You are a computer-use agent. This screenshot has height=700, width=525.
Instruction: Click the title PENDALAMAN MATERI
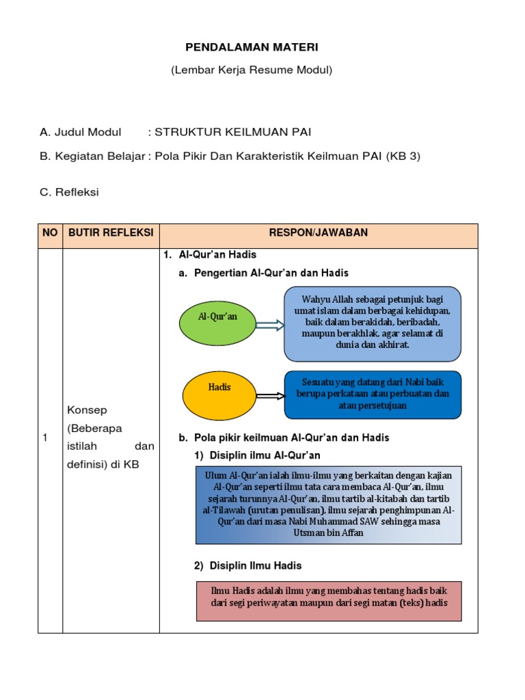pos(252,47)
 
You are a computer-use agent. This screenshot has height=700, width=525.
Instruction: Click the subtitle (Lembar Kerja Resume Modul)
pos(252,70)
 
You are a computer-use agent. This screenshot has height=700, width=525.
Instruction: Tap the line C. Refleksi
pos(69,192)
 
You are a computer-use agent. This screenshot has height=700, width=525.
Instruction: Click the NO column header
pos(50,233)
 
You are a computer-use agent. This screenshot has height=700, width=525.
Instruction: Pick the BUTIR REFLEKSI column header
pos(111,233)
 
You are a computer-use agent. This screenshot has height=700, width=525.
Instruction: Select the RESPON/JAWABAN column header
pos(318,233)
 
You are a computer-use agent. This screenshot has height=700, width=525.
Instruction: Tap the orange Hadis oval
pos(219,395)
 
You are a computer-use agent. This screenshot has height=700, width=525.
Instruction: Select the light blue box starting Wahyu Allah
pos(373,323)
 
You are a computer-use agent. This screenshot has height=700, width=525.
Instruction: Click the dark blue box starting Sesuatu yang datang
pos(373,394)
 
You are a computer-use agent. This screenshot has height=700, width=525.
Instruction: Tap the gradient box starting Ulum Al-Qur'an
pos(328,504)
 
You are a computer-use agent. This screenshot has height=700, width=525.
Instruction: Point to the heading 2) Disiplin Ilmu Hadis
pos(247,566)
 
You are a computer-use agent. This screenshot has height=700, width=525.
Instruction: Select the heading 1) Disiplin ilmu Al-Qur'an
pos(256,455)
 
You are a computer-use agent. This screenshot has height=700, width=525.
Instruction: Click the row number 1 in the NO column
pos(44,438)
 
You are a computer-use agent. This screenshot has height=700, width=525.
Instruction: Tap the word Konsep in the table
pos(87,409)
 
